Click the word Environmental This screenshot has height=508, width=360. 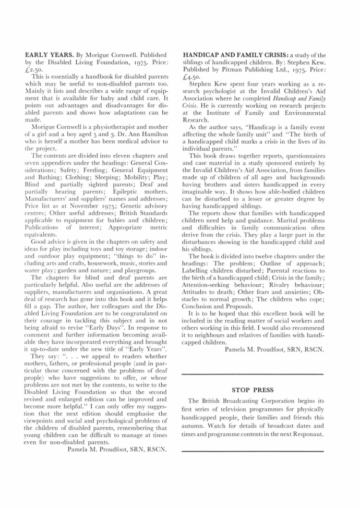[x=299, y=113]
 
